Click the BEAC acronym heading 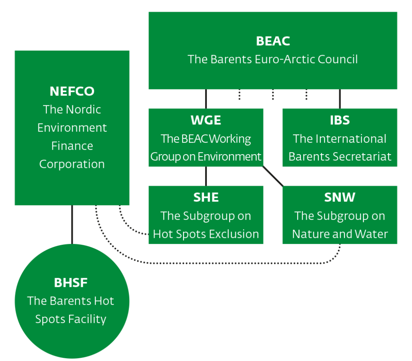(x=273, y=41)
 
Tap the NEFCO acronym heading (x=72, y=91)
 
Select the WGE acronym (x=206, y=120)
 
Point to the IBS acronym (x=340, y=120)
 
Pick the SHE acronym (x=206, y=197)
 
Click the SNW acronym (x=340, y=197)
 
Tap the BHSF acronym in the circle (x=71, y=283)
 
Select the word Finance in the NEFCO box (x=72, y=146)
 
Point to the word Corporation (x=72, y=164)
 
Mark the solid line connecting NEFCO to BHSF (x=72, y=225)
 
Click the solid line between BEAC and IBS (x=340, y=99)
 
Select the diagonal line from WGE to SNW (x=273, y=176)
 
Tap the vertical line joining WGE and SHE (x=206, y=176)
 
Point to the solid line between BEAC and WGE (x=206, y=99)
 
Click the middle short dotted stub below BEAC (x=273, y=95)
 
